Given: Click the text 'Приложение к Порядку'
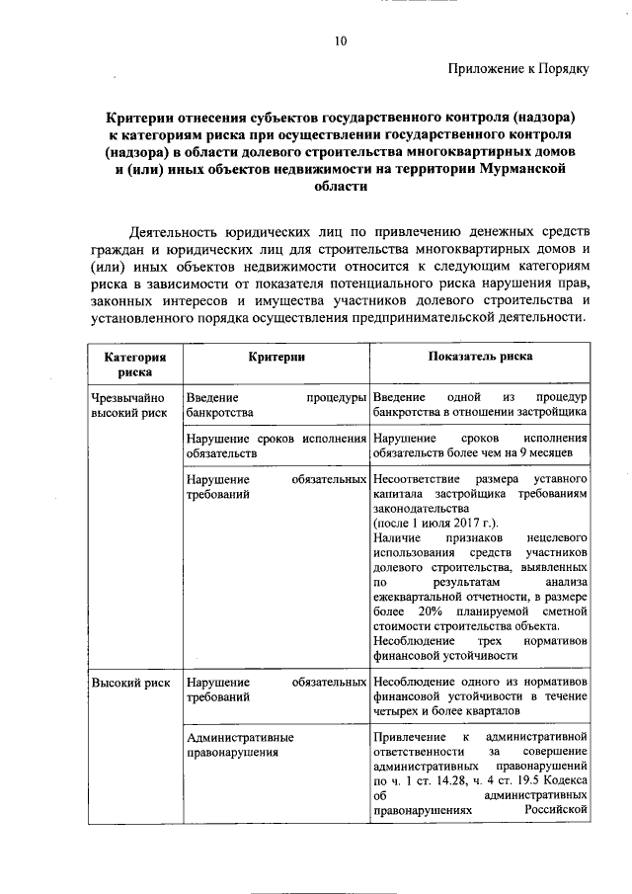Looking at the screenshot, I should (x=518, y=69).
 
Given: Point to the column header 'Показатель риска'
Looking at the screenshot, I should (x=480, y=357).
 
